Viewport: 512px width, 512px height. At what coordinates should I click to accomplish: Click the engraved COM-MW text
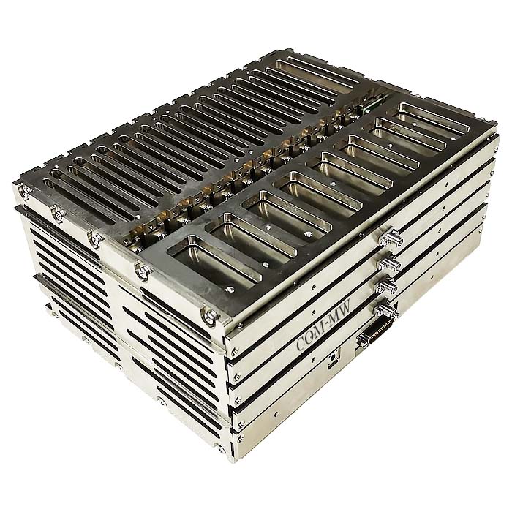(x=323, y=326)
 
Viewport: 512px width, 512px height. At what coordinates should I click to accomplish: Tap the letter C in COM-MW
(x=301, y=345)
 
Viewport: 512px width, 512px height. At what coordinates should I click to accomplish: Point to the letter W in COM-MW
(x=345, y=308)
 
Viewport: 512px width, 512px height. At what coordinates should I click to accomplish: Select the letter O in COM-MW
(x=309, y=338)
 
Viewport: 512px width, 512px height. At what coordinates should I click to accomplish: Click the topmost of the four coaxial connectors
(x=391, y=238)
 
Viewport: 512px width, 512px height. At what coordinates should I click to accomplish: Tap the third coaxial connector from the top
(x=386, y=285)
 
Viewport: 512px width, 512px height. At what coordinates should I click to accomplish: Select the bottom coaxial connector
(x=385, y=310)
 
